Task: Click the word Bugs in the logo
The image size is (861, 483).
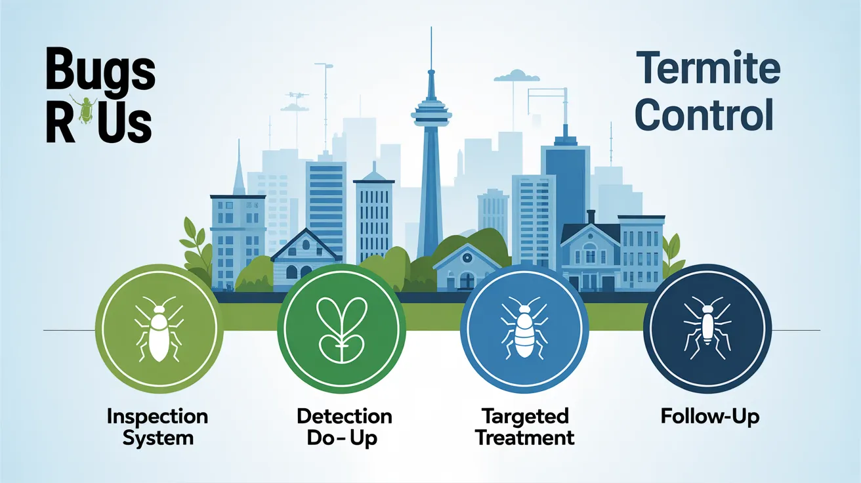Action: [100, 68]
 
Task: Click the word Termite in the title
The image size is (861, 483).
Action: [708, 68]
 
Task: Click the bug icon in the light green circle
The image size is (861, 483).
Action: [159, 329]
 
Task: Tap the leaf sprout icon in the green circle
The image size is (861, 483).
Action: [341, 329]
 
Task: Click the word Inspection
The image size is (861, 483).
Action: [157, 417]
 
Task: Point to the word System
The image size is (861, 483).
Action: [158, 438]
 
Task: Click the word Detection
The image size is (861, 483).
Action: [345, 417]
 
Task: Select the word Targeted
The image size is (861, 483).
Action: [525, 417]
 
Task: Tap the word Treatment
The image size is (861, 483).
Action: [525, 438]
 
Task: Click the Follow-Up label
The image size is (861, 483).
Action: [710, 417]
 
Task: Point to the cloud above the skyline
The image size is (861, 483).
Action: [516, 75]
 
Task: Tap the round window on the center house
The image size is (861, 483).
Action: [467, 258]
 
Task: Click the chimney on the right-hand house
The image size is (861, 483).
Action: [591, 217]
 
